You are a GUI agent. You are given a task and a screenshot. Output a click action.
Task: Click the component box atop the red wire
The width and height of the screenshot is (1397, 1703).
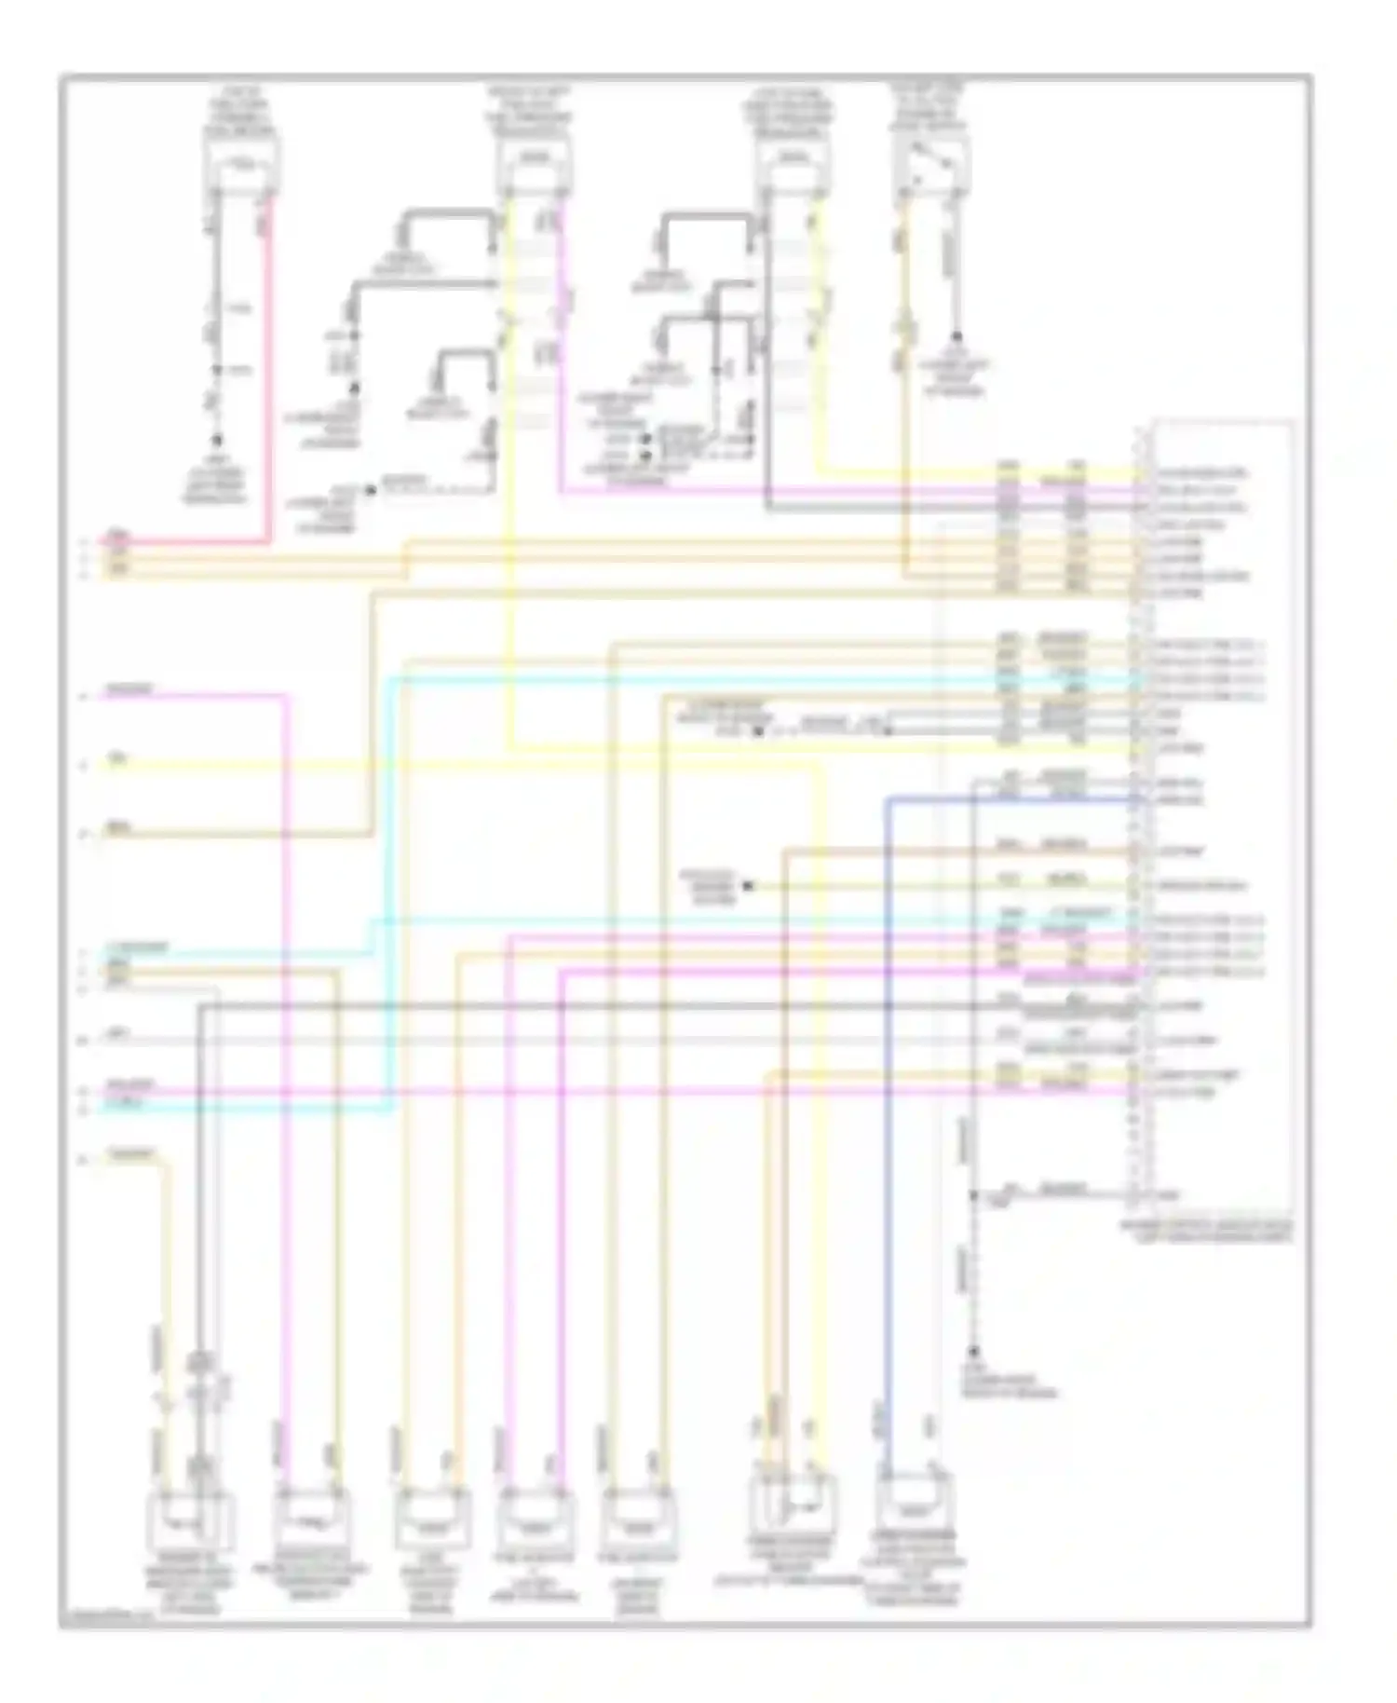pyautogui.click(x=241, y=169)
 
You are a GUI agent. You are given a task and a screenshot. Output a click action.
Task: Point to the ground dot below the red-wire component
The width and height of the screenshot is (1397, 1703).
pyautogui.click(x=217, y=440)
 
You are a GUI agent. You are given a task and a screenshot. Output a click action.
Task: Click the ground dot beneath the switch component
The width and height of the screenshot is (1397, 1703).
pyautogui.click(x=956, y=336)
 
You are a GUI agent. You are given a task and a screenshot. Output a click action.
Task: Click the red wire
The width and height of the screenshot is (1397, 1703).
pyautogui.click(x=268, y=373)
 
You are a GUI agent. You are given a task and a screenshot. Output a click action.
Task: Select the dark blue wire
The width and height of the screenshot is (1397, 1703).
pyautogui.click(x=888, y=1118)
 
